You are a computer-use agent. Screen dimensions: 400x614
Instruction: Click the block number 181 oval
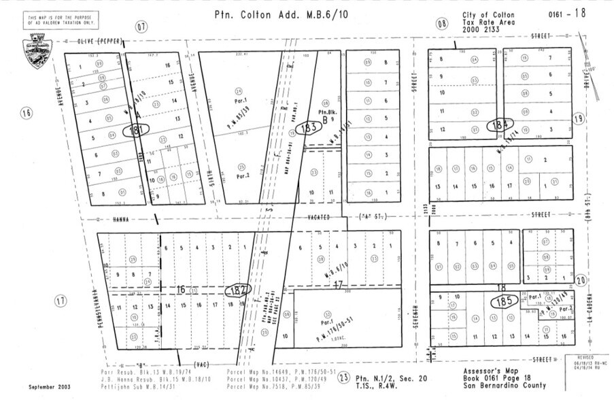(x=137, y=129)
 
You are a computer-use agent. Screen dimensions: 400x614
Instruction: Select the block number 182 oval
(x=238, y=289)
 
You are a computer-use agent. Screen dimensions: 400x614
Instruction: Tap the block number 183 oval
(x=310, y=127)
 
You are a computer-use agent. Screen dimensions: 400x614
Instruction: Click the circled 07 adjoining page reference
(x=141, y=27)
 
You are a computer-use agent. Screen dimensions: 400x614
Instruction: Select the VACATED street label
(x=317, y=218)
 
